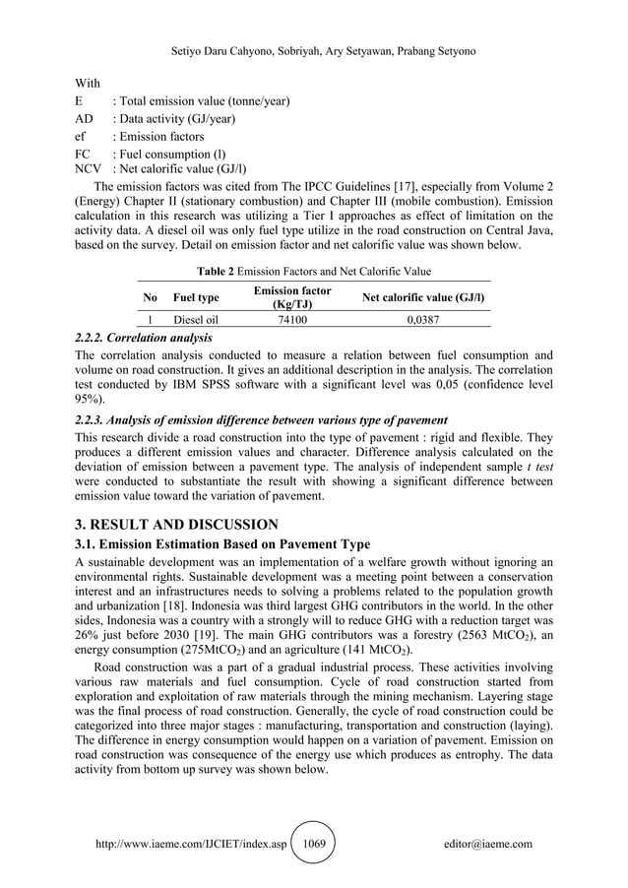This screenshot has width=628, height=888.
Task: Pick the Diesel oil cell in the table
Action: point(195,319)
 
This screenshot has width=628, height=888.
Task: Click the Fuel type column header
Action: point(195,297)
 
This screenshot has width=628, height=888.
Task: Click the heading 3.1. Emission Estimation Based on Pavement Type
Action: point(222,543)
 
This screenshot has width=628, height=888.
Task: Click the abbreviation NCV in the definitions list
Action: point(89,168)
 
